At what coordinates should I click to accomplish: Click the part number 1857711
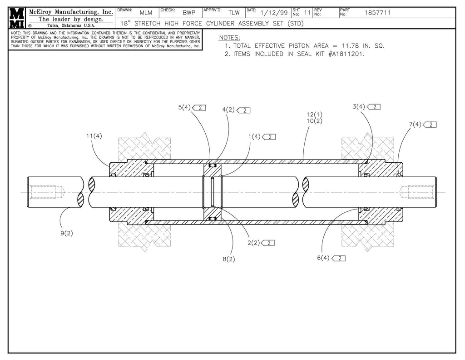point(377,13)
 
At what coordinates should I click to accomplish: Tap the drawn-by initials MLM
point(146,13)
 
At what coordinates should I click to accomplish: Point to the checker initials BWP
point(189,13)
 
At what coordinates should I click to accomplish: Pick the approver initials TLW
point(234,13)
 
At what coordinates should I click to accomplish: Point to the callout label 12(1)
point(314,115)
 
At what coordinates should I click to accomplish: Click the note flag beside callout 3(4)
point(374,107)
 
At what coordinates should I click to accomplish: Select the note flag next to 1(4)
point(269,136)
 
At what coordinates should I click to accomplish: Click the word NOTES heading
point(229,37)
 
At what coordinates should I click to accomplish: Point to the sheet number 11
point(307,13)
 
